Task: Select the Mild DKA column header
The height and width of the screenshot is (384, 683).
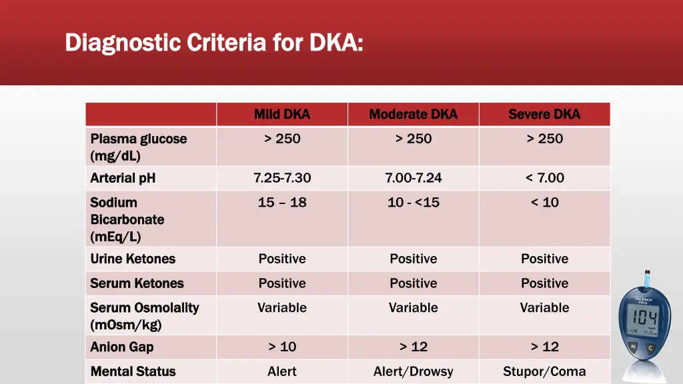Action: [282, 114]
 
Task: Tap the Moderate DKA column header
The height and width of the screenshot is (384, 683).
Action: [414, 114]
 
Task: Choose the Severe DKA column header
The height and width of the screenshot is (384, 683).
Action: [544, 114]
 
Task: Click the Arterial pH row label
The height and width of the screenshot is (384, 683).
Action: [123, 178]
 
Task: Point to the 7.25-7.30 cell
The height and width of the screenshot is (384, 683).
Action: [282, 178]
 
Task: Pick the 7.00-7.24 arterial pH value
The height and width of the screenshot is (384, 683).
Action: [414, 178]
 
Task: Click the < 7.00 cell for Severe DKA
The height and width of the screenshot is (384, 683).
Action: [544, 178]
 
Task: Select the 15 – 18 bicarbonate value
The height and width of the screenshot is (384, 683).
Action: [282, 203]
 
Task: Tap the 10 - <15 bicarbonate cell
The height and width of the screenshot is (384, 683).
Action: [414, 203]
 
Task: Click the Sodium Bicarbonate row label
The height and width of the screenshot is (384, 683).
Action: [127, 219]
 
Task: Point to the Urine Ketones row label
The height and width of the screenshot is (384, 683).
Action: [133, 259]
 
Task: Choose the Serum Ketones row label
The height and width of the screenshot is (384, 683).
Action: [137, 283]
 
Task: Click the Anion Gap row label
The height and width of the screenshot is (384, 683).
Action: [122, 347]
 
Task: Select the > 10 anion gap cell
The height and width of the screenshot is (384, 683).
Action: [282, 347]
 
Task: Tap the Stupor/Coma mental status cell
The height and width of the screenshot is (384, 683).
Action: [544, 371]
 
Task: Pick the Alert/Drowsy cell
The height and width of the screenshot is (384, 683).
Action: [414, 371]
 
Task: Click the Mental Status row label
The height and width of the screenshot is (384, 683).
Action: [133, 371]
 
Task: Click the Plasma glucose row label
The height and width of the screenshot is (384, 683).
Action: [139, 147]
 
